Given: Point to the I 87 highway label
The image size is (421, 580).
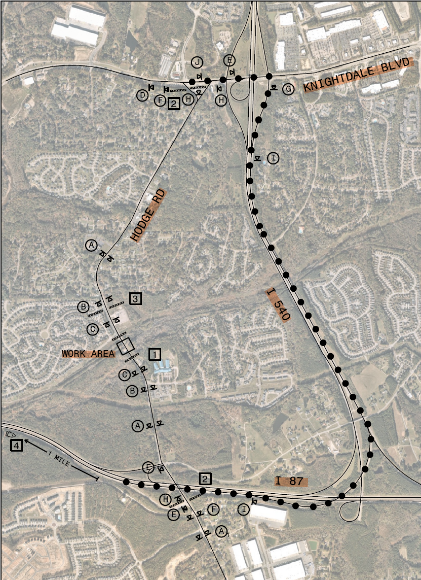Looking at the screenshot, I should point(291,481).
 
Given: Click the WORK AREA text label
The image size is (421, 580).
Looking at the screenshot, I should point(88,353).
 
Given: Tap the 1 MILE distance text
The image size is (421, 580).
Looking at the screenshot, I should point(59,456).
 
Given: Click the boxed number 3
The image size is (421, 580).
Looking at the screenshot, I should point(135,298).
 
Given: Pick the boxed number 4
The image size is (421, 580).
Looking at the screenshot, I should point(17,446).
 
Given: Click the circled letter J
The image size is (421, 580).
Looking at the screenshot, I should point(197,62).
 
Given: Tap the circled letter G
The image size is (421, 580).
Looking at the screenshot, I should point(288,89).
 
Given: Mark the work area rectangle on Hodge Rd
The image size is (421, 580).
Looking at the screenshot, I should point(125,346).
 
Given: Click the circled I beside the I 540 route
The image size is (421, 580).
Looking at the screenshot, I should point(273,158).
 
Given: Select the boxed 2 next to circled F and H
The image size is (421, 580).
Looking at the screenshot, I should point(174,104).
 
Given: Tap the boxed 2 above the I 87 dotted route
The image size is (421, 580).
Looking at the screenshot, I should point(205,479).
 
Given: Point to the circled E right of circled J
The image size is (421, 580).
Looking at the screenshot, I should point(229,60).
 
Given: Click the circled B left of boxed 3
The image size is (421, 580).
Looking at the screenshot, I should point(83,306).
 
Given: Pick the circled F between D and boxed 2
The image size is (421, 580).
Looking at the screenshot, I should point(160,100).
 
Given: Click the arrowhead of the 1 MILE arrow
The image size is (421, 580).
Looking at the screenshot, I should point(24,441).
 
